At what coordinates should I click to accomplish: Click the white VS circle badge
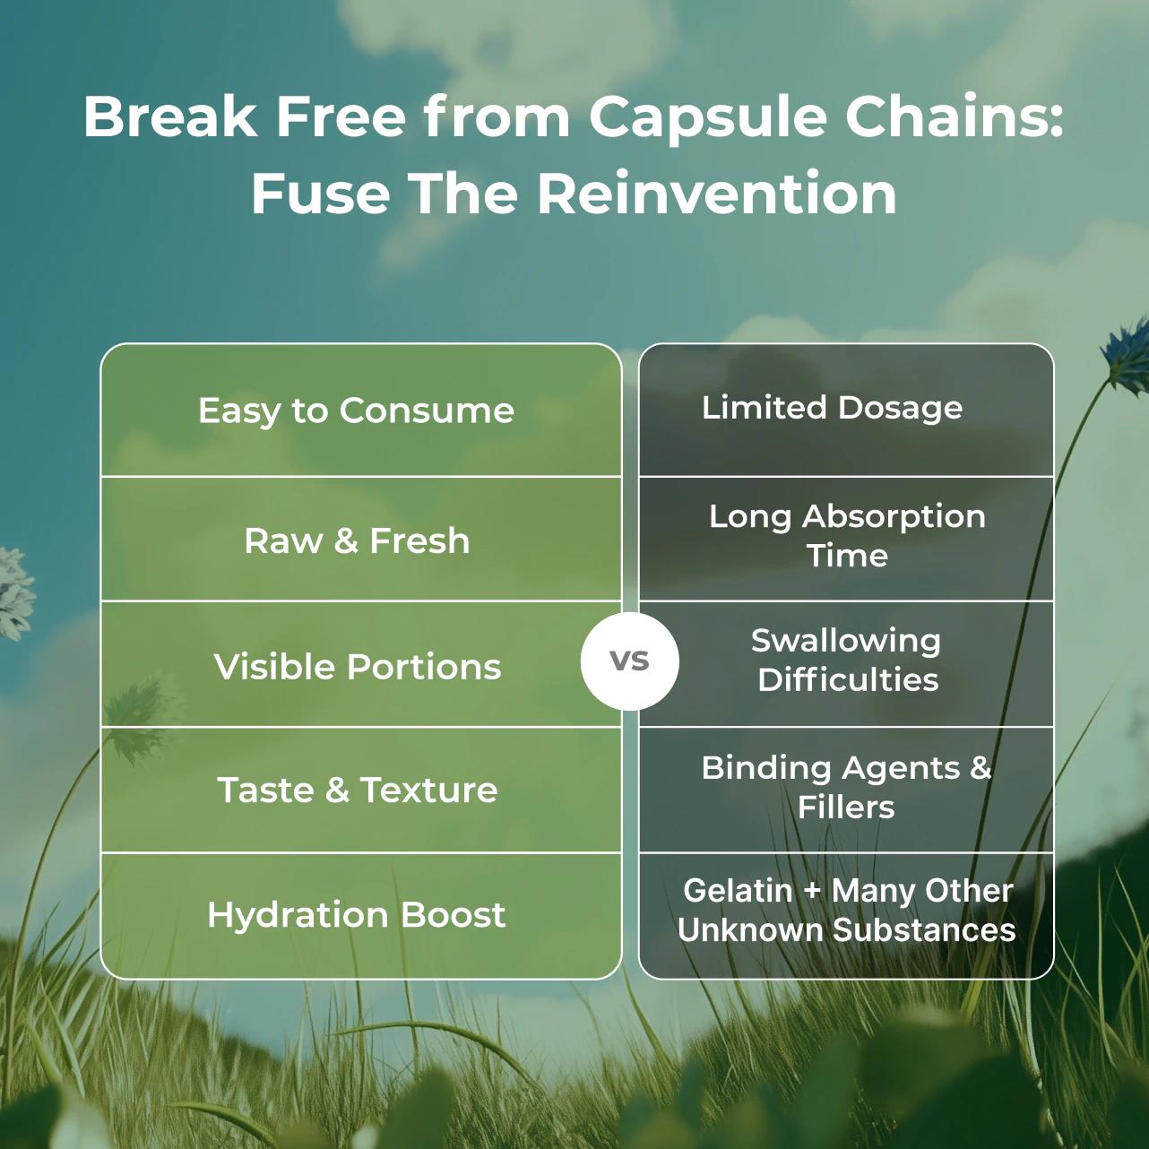tap(629, 661)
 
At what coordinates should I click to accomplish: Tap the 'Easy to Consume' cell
tap(357, 410)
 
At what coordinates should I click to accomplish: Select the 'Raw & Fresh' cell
tap(357, 540)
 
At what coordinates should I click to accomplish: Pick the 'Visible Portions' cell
tap(357, 667)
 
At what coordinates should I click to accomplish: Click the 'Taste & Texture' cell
tap(357, 790)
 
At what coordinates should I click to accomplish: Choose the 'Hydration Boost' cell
tap(357, 915)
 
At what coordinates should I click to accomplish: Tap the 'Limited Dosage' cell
tap(832, 408)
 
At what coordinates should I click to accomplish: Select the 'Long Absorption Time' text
tap(847, 535)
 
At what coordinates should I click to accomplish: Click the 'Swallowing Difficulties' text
tap(847, 660)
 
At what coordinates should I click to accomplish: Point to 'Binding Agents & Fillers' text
tap(847, 787)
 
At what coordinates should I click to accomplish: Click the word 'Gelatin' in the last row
tap(738, 891)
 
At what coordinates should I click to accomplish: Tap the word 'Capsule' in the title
tap(707, 117)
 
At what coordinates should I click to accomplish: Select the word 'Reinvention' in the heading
tap(717, 194)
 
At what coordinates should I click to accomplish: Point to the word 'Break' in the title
tap(170, 117)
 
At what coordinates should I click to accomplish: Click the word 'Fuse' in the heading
tap(320, 194)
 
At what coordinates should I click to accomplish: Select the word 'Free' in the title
tap(341, 117)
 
